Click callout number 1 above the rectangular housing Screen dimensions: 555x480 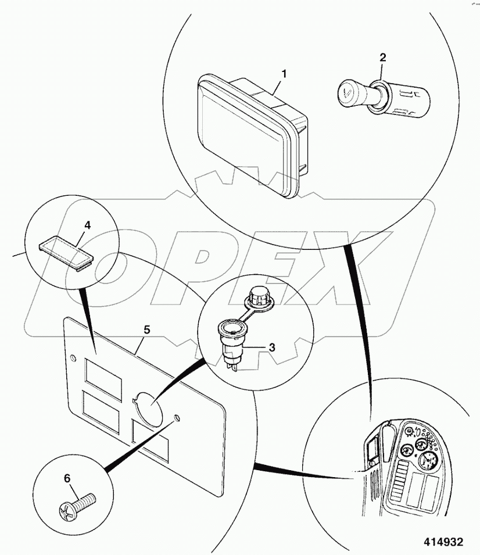pyautogui.click(x=284, y=74)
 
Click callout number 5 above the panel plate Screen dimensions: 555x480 pyautogui.click(x=146, y=330)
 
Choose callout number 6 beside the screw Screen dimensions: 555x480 pyautogui.click(x=67, y=478)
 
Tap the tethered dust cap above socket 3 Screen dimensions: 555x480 pyautogui.click(x=255, y=296)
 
